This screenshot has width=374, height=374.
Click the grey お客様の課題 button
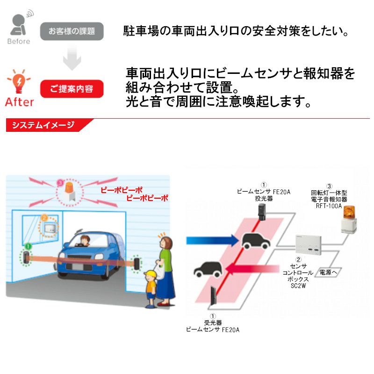click(x=72, y=31)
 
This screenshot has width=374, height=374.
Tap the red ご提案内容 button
click(x=72, y=89)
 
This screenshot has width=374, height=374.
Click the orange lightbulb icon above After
click(x=19, y=81)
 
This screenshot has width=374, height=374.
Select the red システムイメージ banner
click(x=48, y=125)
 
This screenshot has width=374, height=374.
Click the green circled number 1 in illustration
click(x=28, y=246)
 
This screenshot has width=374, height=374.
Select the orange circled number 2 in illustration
click(x=44, y=218)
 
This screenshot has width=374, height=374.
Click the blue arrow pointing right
click(x=212, y=240)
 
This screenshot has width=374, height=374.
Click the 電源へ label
click(x=328, y=272)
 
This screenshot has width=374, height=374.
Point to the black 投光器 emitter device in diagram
click(x=262, y=212)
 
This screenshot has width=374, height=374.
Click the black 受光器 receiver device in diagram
click(x=213, y=295)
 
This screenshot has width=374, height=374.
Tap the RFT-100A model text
click(x=329, y=206)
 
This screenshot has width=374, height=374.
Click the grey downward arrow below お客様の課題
click(x=72, y=58)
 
